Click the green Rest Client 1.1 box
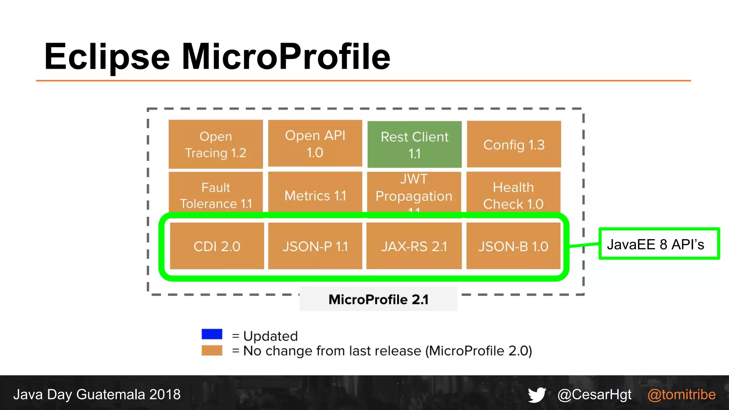[414, 144]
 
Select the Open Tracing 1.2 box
[216, 144]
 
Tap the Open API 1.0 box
[315, 143]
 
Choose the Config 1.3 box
[514, 144]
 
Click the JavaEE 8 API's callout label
[659, 244]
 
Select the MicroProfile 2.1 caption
[378, 299]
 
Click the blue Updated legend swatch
[212, 334]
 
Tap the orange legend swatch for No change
[212, 351]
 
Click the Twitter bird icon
[537, 395]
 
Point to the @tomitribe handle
[681, 395]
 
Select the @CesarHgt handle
[594, 395]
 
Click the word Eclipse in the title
[107, 57]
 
